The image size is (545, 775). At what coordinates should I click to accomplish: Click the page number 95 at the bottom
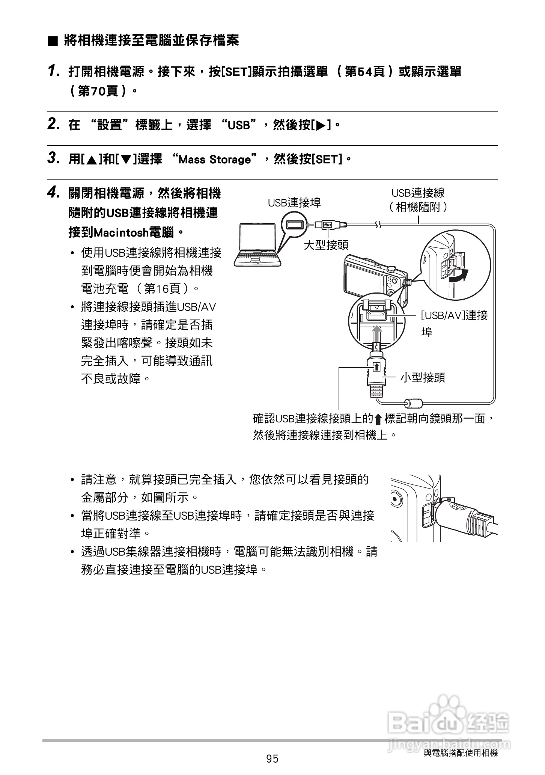(x=272, y=759)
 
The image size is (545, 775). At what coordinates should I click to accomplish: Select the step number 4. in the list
(x=54, y=193)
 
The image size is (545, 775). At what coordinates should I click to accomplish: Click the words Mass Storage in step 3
(x=214, y=160)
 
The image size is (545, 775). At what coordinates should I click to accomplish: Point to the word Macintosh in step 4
(x=120, y=233)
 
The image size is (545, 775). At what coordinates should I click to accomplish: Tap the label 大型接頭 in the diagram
(x=326, y=245)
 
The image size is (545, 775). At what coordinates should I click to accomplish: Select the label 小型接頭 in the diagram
(x=422, y=377)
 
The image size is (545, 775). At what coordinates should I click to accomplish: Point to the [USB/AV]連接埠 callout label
(x=454, y=316)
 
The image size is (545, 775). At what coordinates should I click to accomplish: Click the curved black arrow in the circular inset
(x=459, y=276)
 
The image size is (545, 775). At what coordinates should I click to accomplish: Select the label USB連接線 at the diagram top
(x=418, y=193)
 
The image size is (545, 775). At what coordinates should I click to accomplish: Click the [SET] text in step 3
(x=327, y=160)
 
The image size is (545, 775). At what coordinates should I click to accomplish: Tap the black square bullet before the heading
(x=53, y=41)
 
